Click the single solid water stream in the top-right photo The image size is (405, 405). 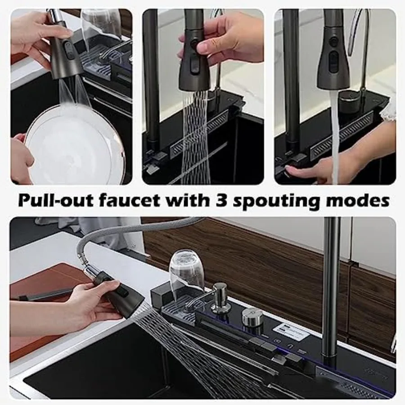[334, 135]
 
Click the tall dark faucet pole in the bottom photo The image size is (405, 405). [332, 288]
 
